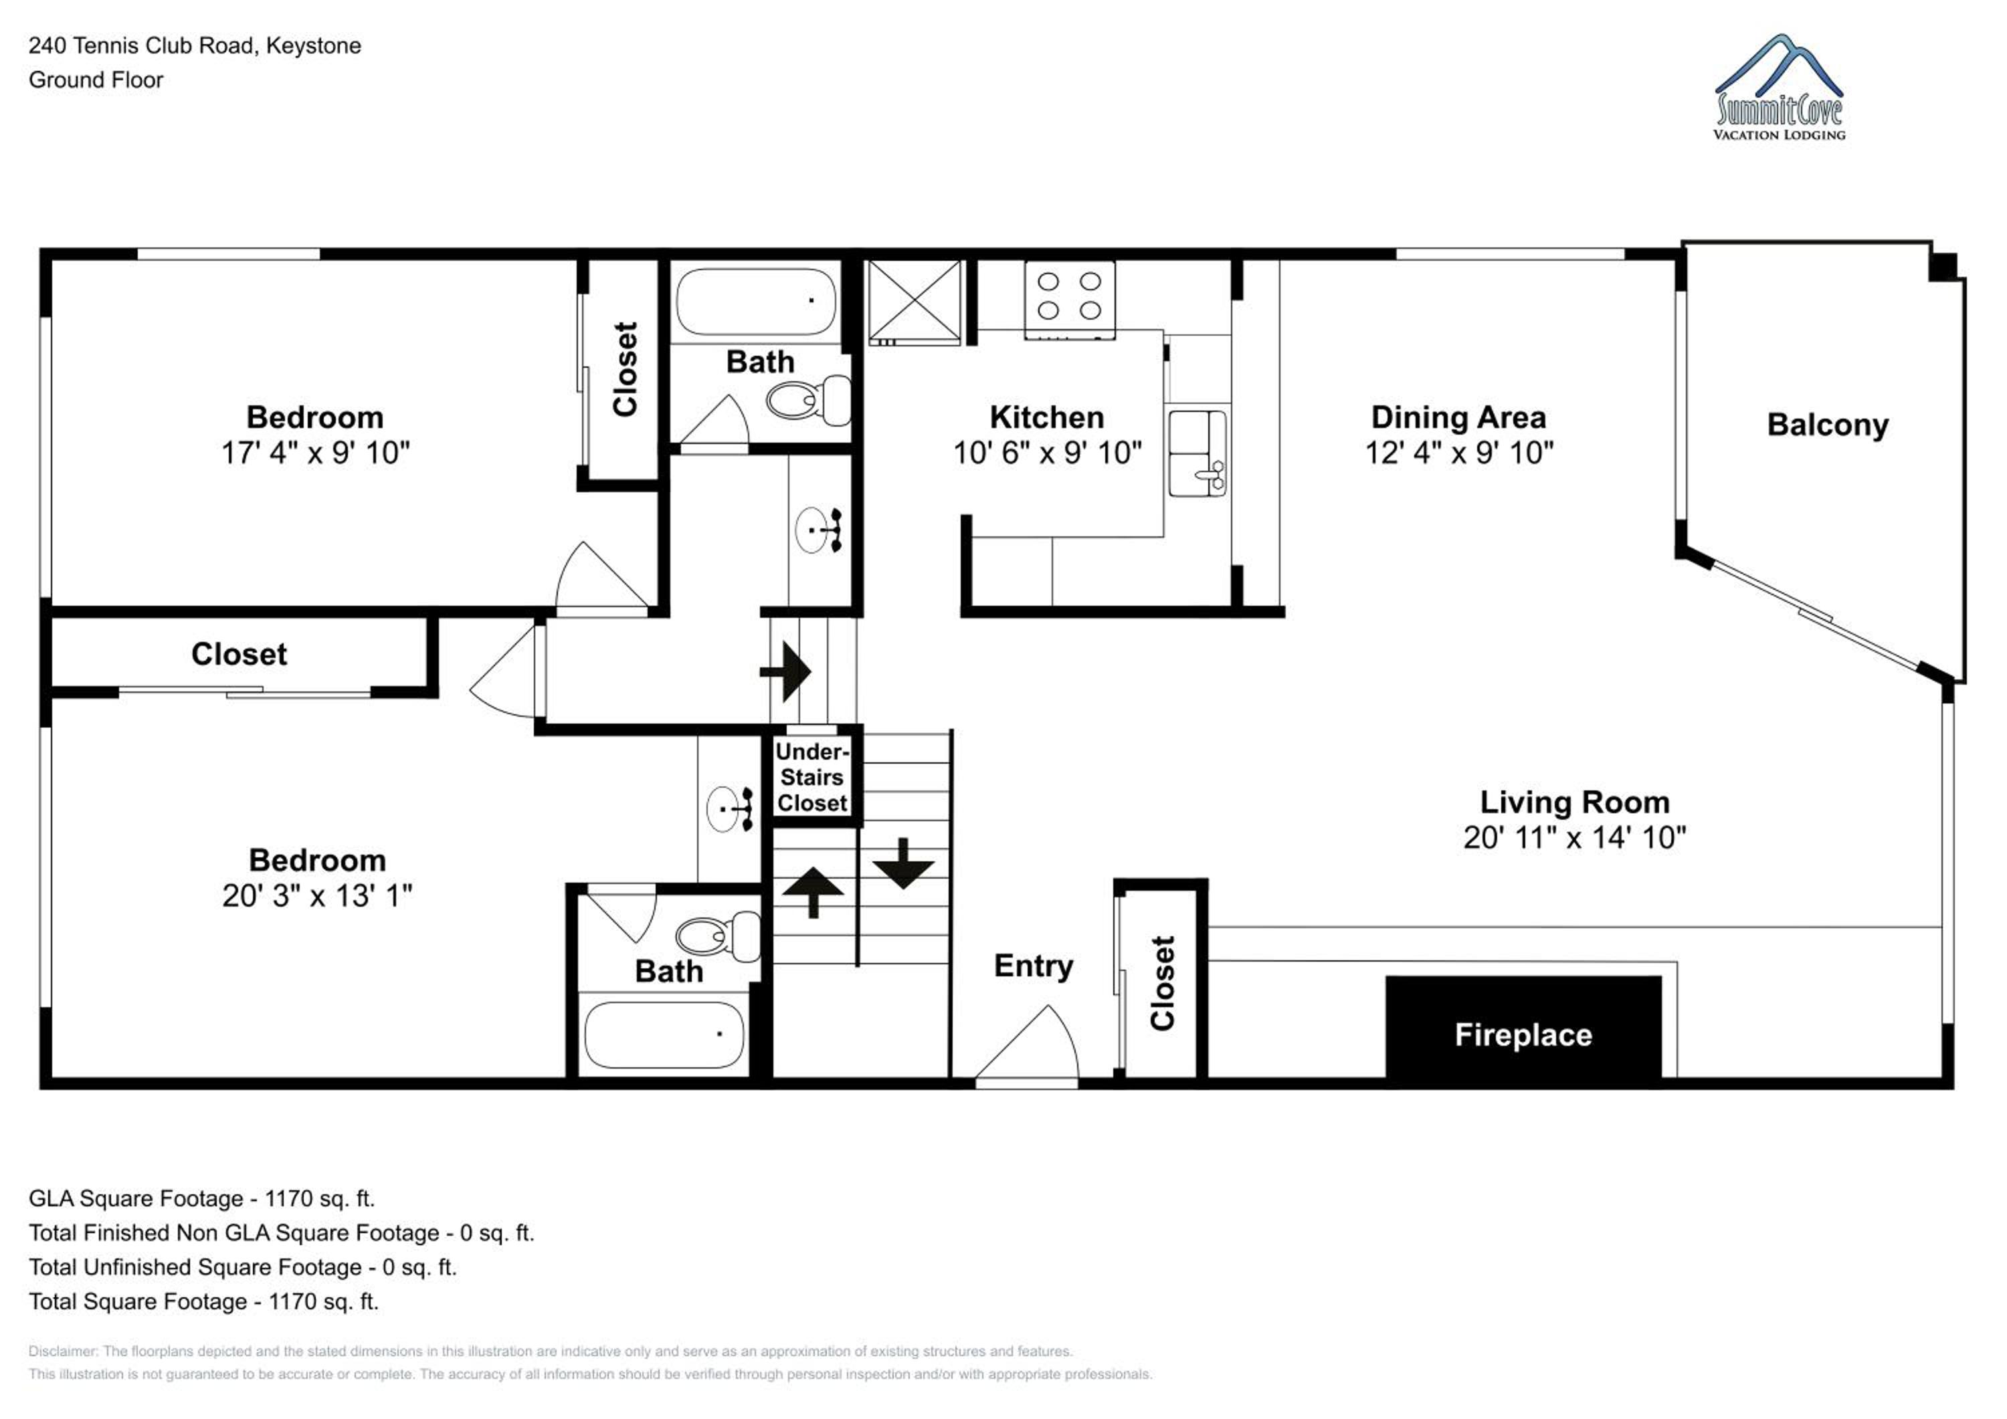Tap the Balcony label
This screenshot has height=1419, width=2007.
pyautogui.click(x=1828, y=425)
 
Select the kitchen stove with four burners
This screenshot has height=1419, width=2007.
pyautogui.click(x=1069, y=299)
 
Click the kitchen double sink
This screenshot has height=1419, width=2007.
pyautogui.click(x=1198, y=453)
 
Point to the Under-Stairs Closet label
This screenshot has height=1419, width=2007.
pyautogui.click(x=812, y=777)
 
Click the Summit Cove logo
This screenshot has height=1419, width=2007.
pyautogui.click(x=1780, y=88)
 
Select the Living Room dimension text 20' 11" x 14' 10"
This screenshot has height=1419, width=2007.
pyautogui.click(x=1574, y=837)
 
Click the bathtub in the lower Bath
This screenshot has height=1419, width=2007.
pyautogui.click(x=664, y=1034)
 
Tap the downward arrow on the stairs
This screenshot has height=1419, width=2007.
pyautogui.click(x=903, y=863)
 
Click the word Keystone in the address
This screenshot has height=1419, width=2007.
pyautogui.click(x=313, y=45)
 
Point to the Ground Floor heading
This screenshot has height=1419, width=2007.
pyautogui.click(x=96, y=80)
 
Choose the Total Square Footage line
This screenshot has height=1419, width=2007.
pyautogui.click(x=203, y=1301)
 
